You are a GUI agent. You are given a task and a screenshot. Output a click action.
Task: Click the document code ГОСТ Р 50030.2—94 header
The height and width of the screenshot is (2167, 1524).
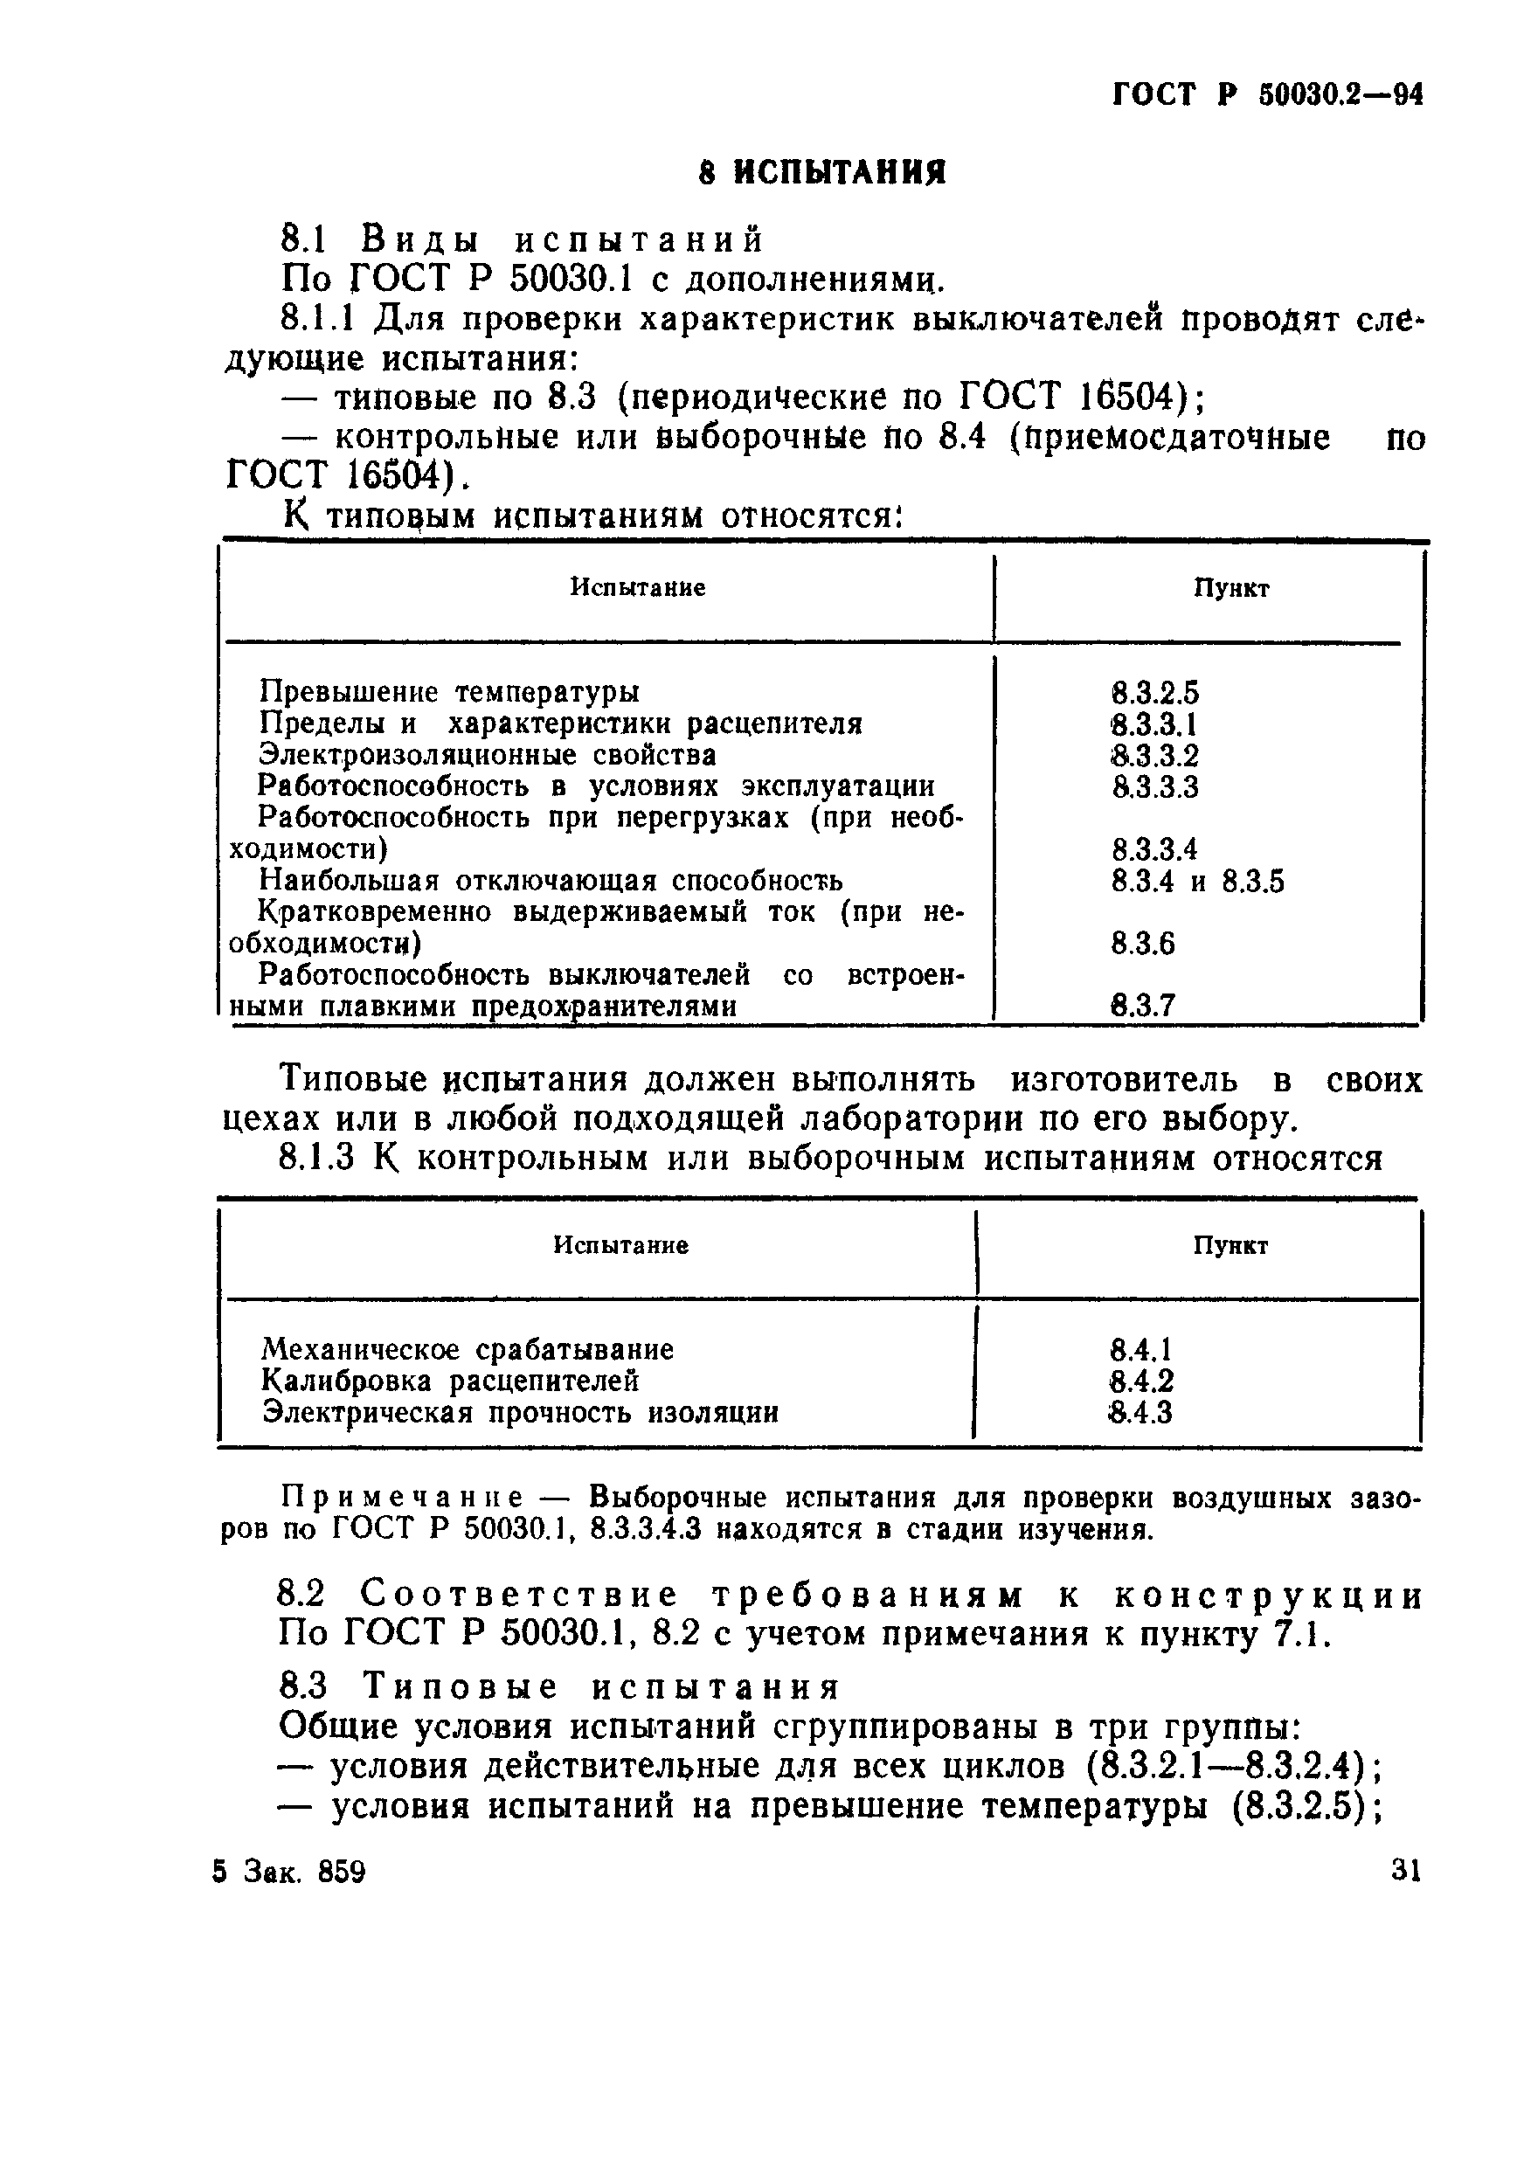[1267, 95]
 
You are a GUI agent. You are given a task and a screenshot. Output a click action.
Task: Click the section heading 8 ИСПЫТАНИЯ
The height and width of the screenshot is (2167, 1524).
[822, 174]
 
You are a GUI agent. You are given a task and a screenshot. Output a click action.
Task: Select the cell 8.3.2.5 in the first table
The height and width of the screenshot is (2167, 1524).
[1154, 695]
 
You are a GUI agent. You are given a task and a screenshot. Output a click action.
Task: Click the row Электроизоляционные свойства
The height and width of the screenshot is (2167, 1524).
[487, 756]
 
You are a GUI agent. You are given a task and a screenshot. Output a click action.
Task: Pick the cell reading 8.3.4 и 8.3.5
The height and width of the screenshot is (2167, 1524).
[1197, 883]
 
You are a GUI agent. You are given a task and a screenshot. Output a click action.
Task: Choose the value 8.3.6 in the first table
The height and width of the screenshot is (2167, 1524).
[1143, 944]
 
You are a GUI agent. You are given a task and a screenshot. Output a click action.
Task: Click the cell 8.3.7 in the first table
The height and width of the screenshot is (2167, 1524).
[1143, 1006]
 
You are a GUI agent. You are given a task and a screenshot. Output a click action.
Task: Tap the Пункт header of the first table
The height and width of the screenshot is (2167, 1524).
[1230, 589]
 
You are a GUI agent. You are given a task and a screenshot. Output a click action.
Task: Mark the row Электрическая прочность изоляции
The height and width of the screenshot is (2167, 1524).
[520, 1414]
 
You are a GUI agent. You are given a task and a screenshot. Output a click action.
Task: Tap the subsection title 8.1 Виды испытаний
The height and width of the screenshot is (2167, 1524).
[523, 239]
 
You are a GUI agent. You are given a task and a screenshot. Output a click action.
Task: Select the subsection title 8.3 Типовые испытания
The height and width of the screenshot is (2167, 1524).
[558, 1686]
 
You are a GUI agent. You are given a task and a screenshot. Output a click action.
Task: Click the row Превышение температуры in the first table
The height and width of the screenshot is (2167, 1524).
[449, 693]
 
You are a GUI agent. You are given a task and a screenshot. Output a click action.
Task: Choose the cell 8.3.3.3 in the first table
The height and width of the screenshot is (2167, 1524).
[1154, 787]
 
